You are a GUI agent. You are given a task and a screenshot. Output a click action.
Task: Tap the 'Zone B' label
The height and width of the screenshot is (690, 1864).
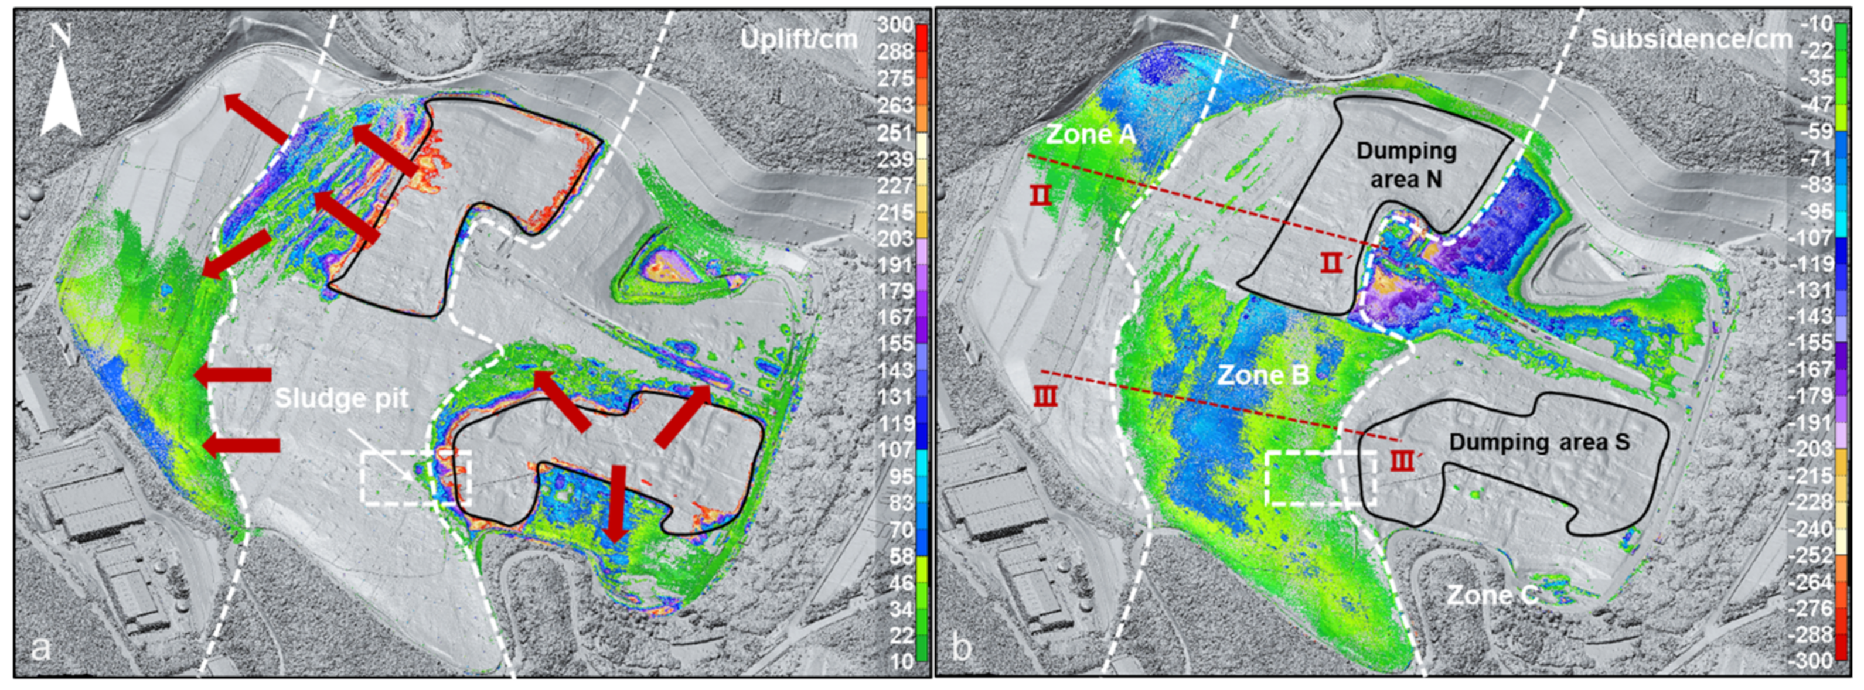(1263, 375)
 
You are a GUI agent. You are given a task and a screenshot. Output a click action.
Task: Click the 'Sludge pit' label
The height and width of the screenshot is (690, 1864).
(342, 398)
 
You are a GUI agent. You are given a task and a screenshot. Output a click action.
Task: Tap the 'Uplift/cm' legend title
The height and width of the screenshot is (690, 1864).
(798, 38)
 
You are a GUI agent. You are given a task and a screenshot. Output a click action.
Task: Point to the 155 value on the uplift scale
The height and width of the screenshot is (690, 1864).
(895, 344)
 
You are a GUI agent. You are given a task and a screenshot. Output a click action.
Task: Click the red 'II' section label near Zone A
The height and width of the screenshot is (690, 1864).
(1041, 194)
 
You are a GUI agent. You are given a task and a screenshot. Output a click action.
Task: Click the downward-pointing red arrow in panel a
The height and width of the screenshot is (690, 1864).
(616, 503)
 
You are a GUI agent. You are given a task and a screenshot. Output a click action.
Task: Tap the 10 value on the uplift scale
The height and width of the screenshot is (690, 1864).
(901, 660)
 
